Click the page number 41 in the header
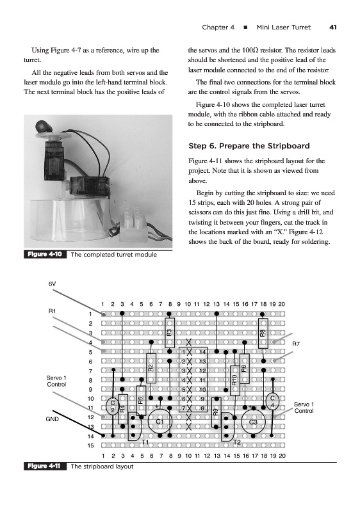332,28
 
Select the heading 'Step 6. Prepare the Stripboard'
249,146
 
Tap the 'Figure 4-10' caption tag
45,254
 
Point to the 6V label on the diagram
53,284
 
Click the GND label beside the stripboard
53,419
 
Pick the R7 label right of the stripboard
296,344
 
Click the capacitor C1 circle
160,421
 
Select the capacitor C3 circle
253,422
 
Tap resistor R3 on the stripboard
170,333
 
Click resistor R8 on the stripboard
263,333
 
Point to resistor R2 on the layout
151,368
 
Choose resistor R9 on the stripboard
216,412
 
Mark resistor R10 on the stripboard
235,381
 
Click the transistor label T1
145,442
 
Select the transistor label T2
237,442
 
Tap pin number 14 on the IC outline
202,352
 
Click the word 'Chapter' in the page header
218,28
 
